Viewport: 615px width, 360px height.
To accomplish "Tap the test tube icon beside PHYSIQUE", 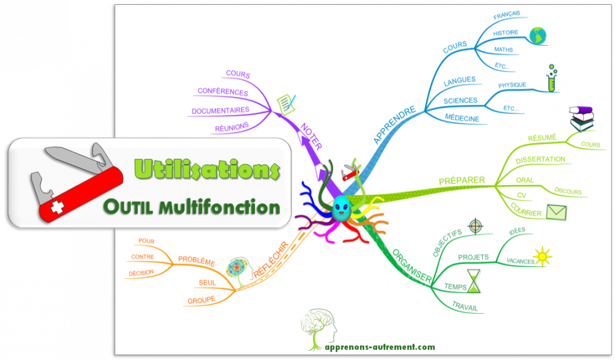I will coord(552,79).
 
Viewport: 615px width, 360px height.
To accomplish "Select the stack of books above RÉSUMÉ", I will coord(581,119).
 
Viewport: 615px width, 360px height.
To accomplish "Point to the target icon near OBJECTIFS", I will coord(475,227).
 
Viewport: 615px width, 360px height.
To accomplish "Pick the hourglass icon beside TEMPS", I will coord(476,281).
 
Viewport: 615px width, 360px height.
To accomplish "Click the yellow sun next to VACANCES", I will coord(543,255).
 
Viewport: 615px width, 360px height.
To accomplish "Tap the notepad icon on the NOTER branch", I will coord(286,103).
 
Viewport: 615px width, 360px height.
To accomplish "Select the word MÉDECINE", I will coord(462,118).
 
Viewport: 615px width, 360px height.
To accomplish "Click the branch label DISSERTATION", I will coord(540,159).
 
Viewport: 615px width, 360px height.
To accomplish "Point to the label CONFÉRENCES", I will coord(222,93).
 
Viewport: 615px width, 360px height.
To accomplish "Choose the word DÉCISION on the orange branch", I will coord(141,273).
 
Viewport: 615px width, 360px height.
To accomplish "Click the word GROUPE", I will coord(201,300).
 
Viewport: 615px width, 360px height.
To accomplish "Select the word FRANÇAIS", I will coord(506,14).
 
